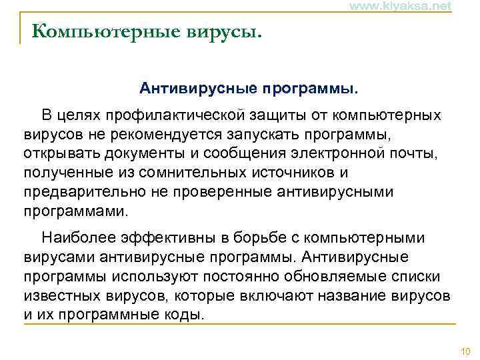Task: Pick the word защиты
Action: tap(279, 115)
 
